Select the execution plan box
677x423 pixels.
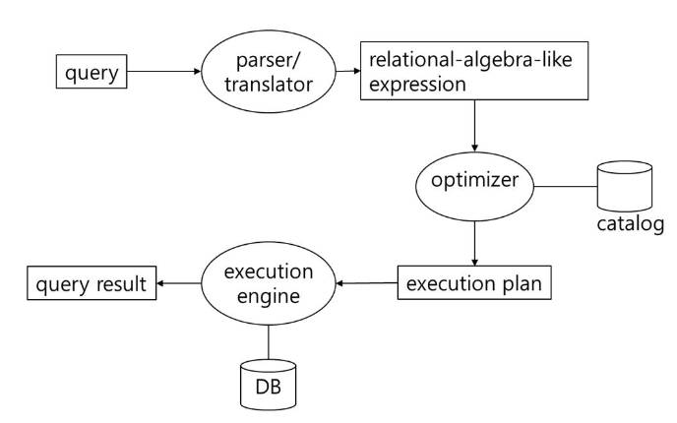(x=473, y=283)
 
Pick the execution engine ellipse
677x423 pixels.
(x=268, y=284)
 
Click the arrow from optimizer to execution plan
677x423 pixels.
(x=475, y=240)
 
